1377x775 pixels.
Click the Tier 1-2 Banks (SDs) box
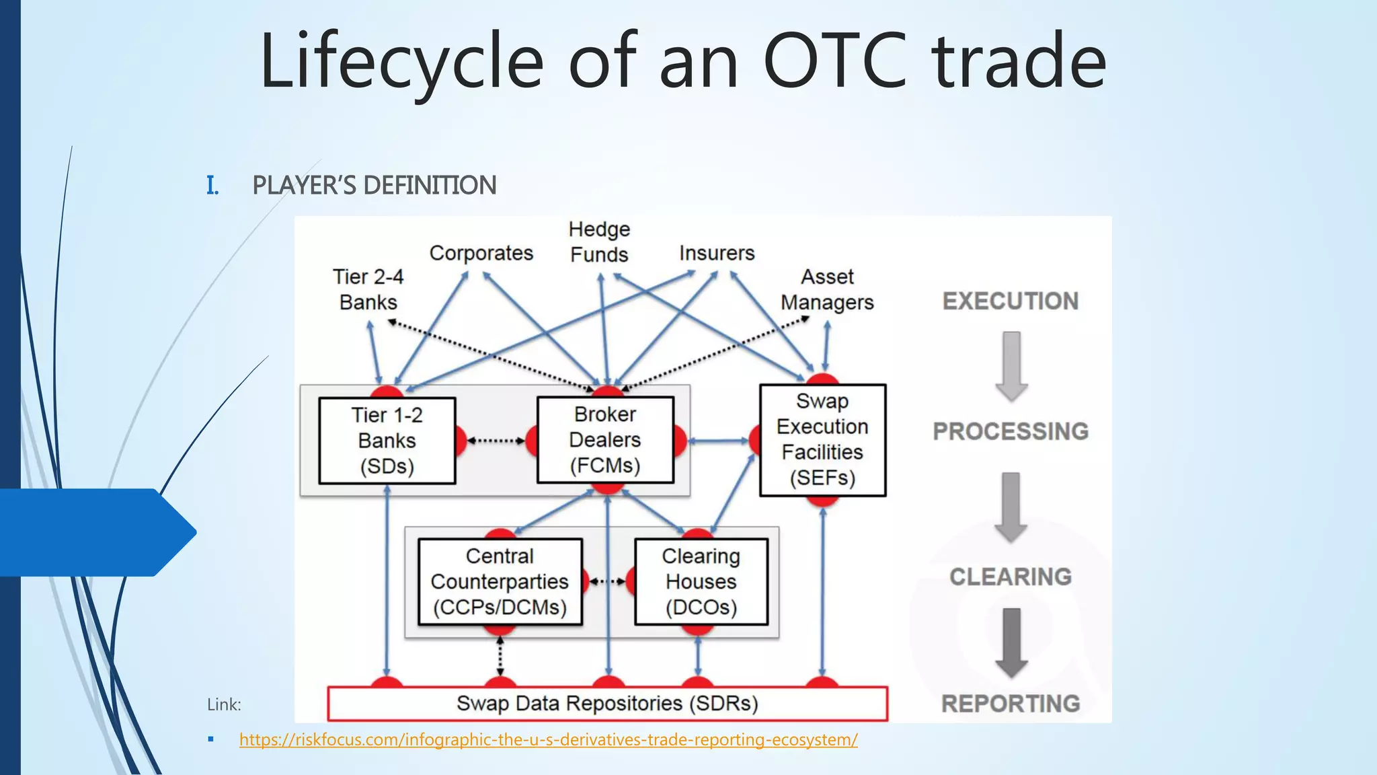click(x=387, y=441)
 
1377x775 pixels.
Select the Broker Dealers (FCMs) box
click(x=605, y=440)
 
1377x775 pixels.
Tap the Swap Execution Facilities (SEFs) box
click(x=822, y=440)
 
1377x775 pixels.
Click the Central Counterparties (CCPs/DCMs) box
click(x=500, y=582)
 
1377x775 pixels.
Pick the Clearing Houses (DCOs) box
click(x=701, y=582)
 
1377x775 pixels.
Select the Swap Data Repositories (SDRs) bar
click(x=607, y=704)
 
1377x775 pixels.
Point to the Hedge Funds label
click(x=599, y=242)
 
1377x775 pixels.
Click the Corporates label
click(x=481, y=253)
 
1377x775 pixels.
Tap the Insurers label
click(x=717, y=253)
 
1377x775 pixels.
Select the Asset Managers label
click(x=827, y=289)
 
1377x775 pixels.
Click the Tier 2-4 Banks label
click(x=368, y=289)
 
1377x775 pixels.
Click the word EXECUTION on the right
click(x=1011, y=301)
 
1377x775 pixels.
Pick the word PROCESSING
click(x=1011, y=431)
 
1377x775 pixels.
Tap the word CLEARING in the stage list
click(x=1011, y=577)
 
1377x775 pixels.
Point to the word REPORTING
click(x=1011, y=704)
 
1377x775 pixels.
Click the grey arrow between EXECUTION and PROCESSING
click(x=1011, y=366)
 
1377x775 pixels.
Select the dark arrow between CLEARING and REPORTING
click(x=1011, y=643)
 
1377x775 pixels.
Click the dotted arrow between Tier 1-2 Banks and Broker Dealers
click(x=496, y=441)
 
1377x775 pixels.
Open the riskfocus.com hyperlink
click(x=548, y=740)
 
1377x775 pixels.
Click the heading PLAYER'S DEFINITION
click(x=374, y=186)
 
